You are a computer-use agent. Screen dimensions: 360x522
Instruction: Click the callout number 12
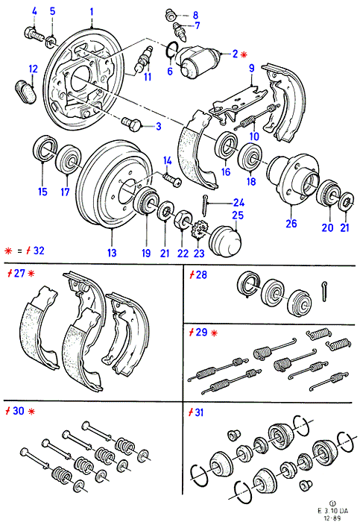click(34, 69)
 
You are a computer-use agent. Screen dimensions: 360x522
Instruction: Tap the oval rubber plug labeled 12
click(25, 92)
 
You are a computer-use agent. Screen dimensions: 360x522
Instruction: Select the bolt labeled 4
click(34, 34)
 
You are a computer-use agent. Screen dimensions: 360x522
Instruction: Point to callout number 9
click(252, 69)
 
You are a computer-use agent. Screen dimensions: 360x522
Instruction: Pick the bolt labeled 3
click(132, 125)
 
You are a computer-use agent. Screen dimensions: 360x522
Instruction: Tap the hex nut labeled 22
click(183, 220)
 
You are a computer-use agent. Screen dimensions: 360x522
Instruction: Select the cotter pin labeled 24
click(205, 207)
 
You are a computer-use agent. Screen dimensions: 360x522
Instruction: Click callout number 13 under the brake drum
click(112, 253)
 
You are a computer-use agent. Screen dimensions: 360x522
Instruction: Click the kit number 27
click(19, 274)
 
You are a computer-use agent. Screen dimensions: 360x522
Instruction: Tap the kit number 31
click(199, 412)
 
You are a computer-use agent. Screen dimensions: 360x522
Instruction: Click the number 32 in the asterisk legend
click(39, 251)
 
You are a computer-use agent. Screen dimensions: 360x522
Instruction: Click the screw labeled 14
click(172, 177)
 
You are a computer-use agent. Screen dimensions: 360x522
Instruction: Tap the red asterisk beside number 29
click(214, 333)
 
